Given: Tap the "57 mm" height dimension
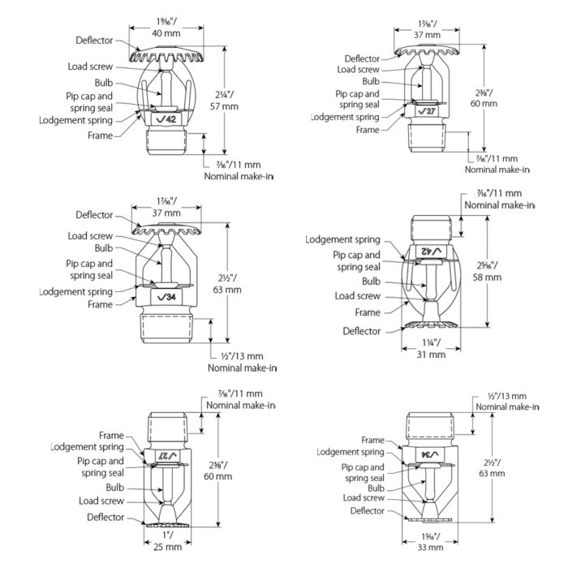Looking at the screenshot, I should click(x=223, y=105).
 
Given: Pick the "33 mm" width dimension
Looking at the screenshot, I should click(x=432, y=549).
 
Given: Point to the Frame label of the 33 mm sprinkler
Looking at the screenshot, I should click(x=372, y=440).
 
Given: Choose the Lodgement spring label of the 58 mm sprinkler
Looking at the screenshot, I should click(x=340, y=239).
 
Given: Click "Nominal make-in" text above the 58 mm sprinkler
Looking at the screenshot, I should click(x=500, y=205).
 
